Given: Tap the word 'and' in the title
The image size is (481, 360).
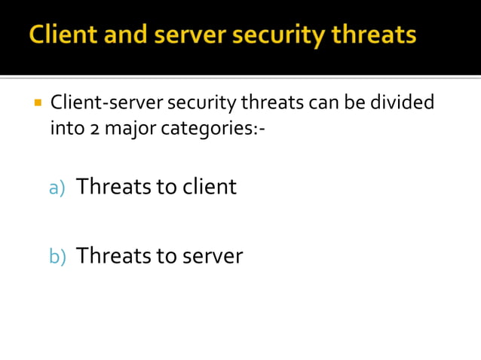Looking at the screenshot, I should coord(123,35).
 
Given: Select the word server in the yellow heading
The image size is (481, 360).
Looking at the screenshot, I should coord(185,35).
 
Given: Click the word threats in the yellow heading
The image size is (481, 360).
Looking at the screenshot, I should coord(371,35).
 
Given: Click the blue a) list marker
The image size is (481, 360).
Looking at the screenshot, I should coord(58,188).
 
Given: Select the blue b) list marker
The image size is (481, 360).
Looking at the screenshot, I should coord(58,257).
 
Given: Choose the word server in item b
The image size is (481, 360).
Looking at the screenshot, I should coord(212,257).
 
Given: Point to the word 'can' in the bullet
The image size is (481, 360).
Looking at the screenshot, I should coord(325,102).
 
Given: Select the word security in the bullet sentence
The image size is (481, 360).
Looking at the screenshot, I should coord(201,102).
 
